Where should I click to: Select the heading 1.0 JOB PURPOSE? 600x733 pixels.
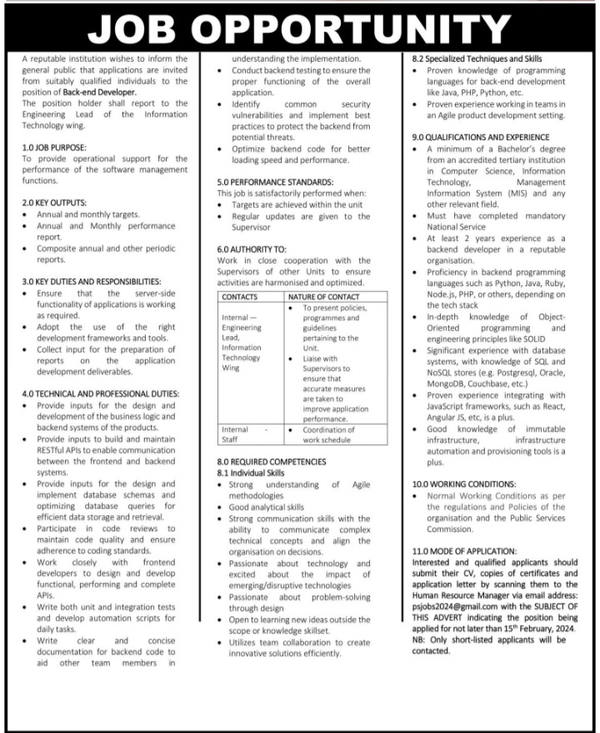(54, 147)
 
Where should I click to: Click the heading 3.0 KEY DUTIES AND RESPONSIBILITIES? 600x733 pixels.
(92, 282)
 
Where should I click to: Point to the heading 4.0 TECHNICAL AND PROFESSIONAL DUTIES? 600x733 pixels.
(101, 394)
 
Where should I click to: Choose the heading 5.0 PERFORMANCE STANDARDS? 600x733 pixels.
(275, 182)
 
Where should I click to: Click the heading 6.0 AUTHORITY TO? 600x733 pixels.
(252, 249)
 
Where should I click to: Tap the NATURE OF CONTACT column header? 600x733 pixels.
(323, 297)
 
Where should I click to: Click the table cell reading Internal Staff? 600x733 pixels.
(242, 434)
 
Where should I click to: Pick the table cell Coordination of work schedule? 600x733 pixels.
(327, 434)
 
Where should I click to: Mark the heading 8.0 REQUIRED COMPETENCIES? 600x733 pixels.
(272, 461)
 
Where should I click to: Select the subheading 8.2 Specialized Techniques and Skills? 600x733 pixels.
(477, 60)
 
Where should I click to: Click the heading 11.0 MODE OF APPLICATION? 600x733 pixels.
(476, 551)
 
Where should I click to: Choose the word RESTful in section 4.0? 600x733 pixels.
(53, 449)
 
